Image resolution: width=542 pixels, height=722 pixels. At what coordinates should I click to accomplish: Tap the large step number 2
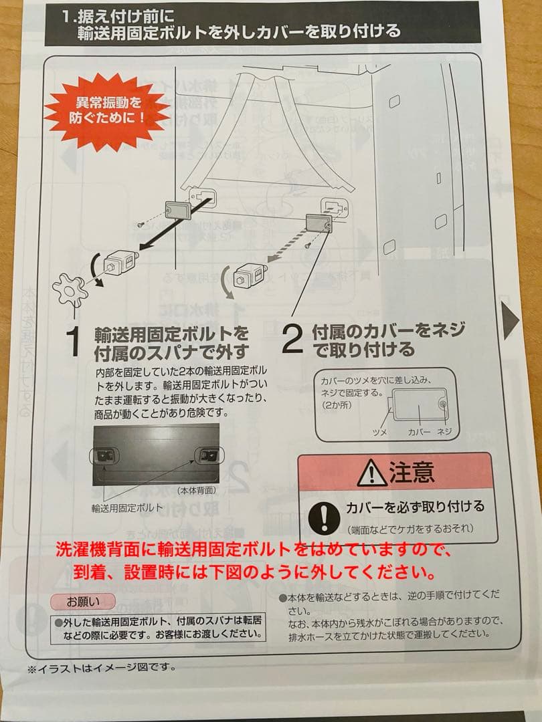pos(292,340)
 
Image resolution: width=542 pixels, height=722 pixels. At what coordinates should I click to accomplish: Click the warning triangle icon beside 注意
pos(371,474)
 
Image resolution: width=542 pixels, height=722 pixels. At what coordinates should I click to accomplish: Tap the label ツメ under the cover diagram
pos(380,433)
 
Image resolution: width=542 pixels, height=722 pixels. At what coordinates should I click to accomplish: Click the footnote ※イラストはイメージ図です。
pos(102,667)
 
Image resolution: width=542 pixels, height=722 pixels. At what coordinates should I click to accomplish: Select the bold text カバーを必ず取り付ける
pos(415,507)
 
